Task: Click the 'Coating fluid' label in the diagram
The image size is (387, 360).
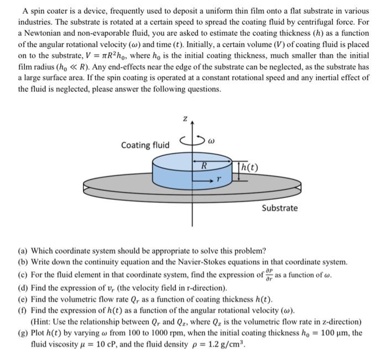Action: tap(145, 145)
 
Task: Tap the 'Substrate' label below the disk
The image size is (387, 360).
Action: tap(279, 208)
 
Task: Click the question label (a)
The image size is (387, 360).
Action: tap(24, 250)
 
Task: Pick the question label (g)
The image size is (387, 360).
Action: tap(24, 333)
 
